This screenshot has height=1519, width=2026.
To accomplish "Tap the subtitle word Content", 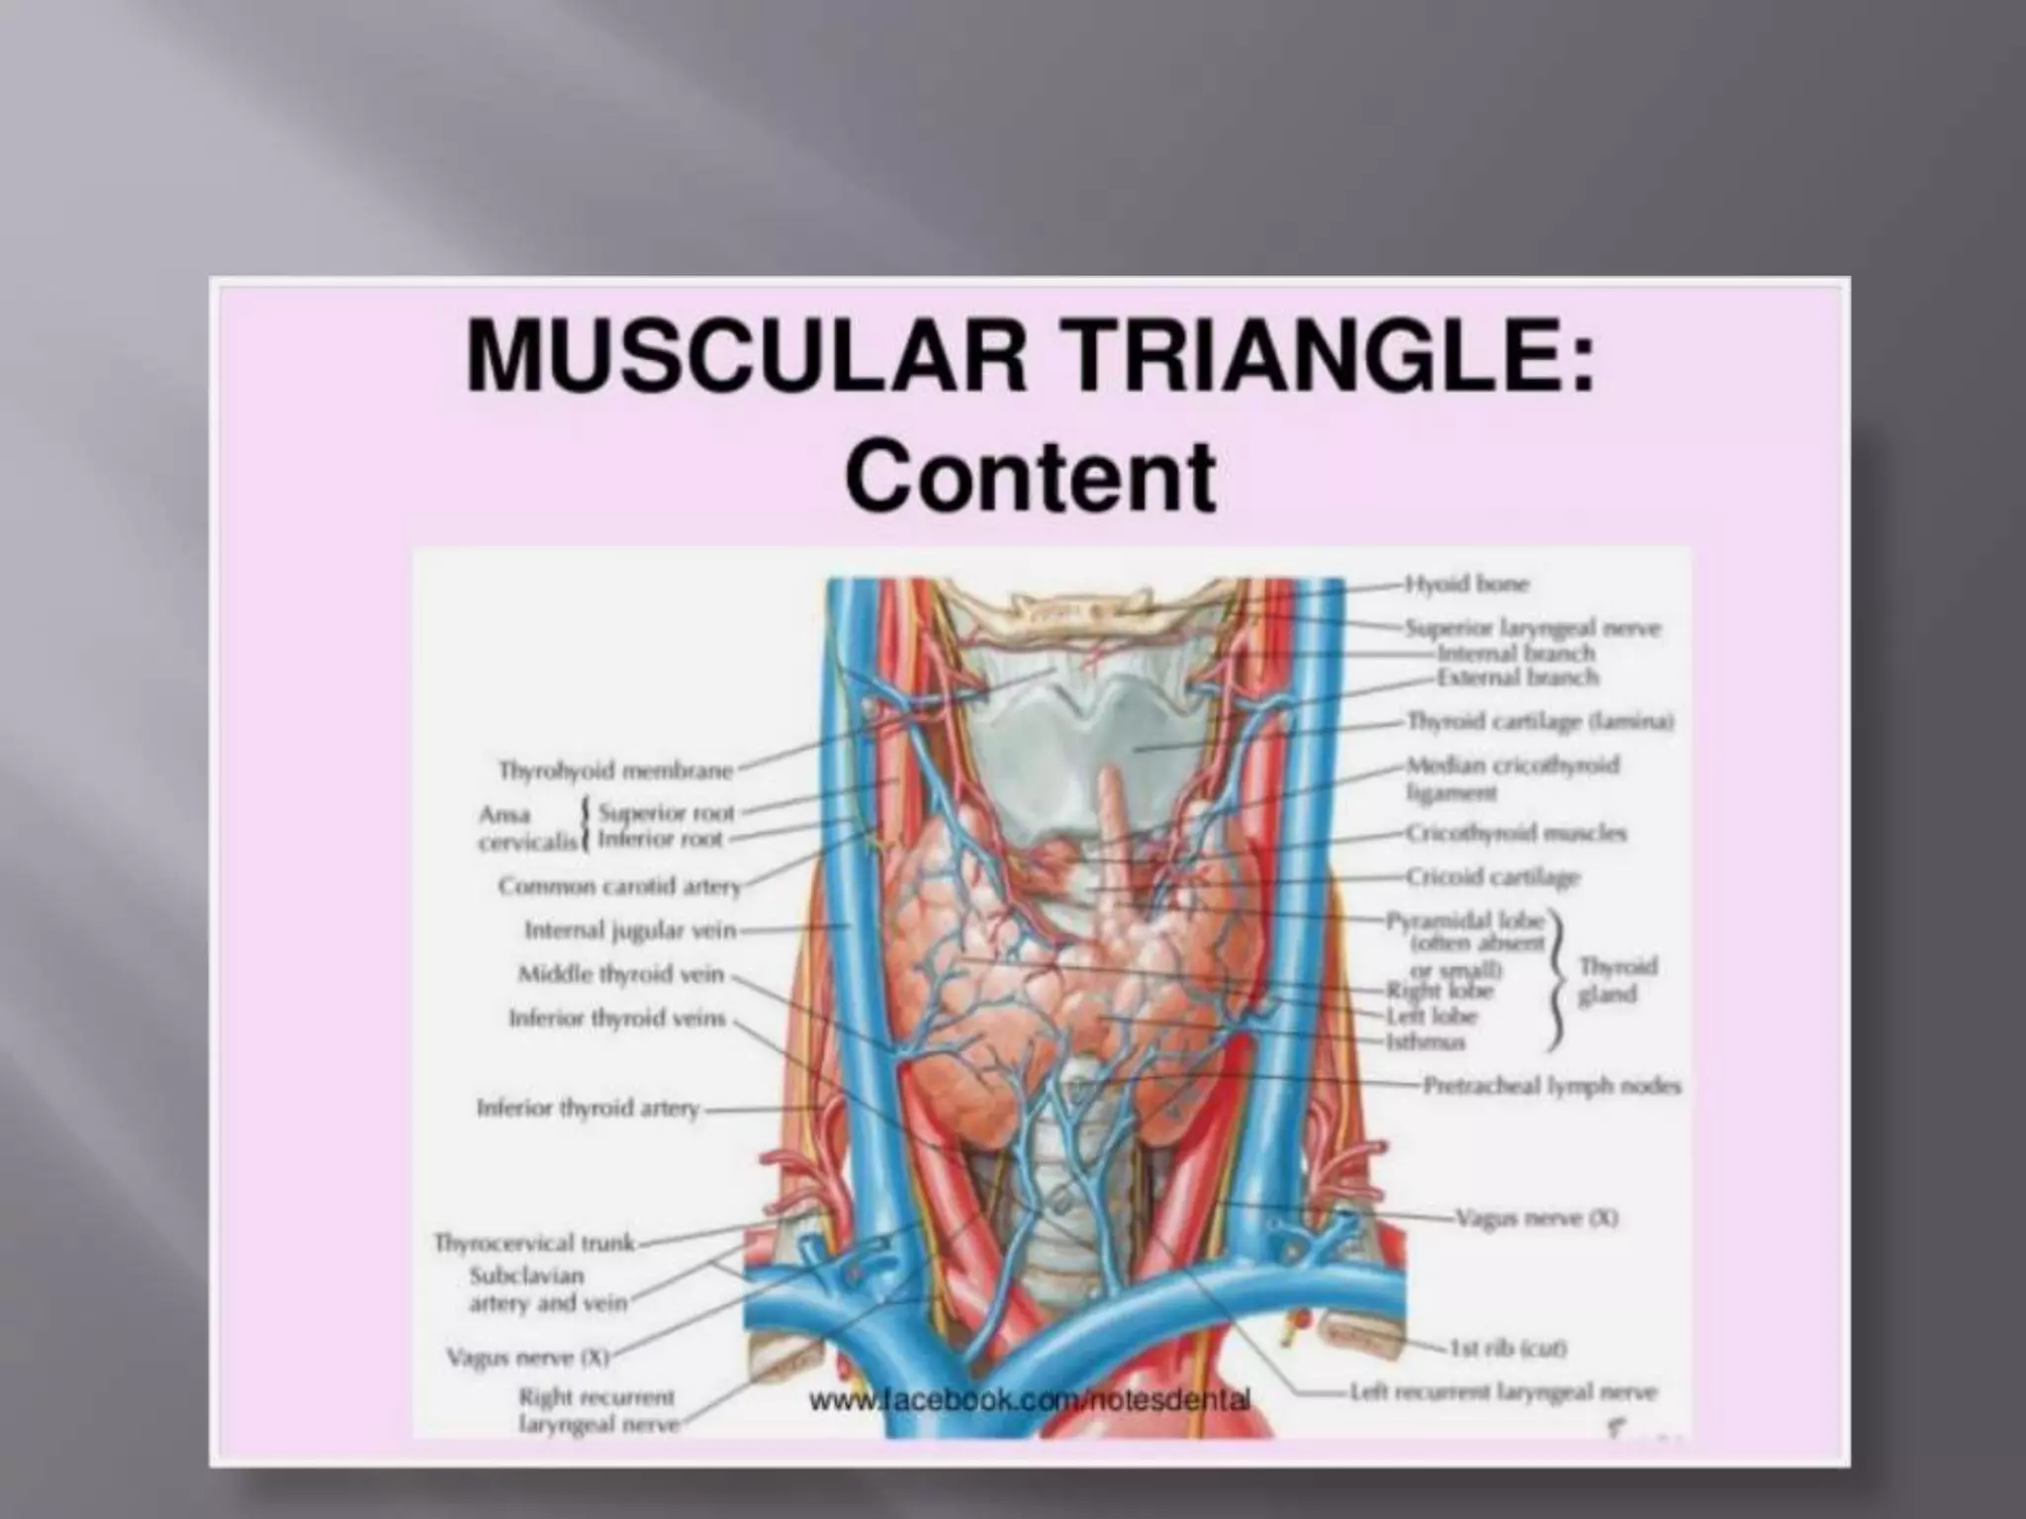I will pos(1030,477).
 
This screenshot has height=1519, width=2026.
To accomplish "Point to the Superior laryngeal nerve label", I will pos(1532,627).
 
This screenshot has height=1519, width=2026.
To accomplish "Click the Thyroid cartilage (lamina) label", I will pos(1539,722).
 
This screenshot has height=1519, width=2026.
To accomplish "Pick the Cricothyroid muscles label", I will pos(1516,833).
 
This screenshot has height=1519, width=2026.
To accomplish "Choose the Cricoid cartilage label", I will pos(1492,877).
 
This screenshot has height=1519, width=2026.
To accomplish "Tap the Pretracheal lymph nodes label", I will pos(1551,1086).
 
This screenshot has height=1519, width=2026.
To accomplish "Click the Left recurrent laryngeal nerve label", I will pos(1503,1391).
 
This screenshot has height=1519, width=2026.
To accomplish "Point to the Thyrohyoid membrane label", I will pos(615,769).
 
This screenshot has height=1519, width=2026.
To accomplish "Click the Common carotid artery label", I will pos(619,886).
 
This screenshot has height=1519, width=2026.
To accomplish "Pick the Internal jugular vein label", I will pos(630,931).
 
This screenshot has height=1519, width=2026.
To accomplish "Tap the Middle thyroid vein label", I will pos(621,975).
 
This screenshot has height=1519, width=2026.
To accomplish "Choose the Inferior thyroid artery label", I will pos(588,1109).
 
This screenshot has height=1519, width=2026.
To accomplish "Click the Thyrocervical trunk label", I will pos(534,1242).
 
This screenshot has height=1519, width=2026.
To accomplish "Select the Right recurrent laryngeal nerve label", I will pos(598,1410).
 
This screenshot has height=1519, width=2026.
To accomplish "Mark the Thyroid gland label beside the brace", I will pos(1616,980).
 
